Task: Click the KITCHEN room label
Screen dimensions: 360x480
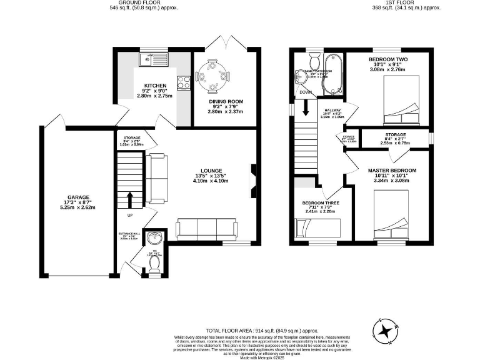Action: pos(154,86)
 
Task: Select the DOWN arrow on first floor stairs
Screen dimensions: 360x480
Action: pos(306,108)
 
